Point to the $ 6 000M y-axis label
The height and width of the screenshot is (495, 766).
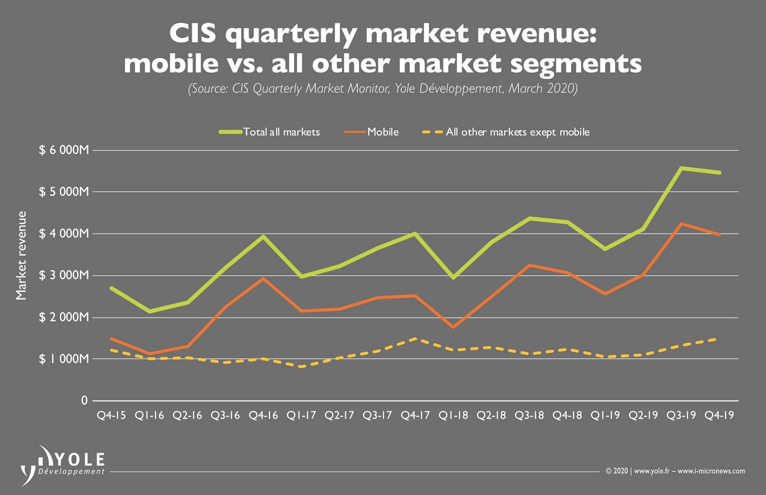tap(64, 150)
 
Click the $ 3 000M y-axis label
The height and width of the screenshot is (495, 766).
tap(64, 275)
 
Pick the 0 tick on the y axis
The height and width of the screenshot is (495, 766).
tap(84, 401)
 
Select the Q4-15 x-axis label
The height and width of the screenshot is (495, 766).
tap(111, 416)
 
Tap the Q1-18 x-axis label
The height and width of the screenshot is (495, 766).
tap(453, 416)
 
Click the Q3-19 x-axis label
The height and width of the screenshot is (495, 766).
tap(681, 416)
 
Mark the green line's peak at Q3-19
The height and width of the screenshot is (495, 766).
tap(681, 168)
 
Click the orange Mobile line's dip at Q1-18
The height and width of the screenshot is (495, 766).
tap(453, 327)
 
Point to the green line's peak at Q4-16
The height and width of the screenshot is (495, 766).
tap(263, 236)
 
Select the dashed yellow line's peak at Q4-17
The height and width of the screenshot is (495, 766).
tap(415, 339)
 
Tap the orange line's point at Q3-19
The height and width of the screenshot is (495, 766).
tap(681, 224)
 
